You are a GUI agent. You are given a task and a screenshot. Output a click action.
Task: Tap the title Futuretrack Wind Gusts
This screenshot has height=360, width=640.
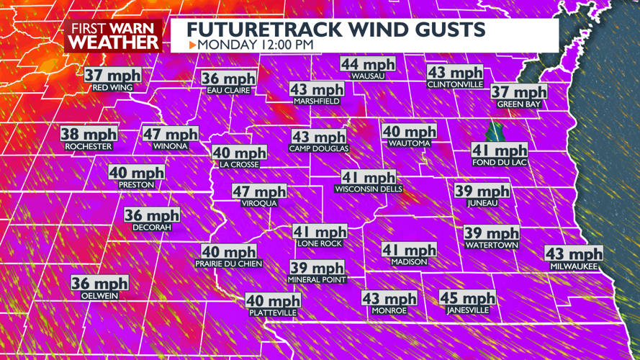click(x=335, y=29)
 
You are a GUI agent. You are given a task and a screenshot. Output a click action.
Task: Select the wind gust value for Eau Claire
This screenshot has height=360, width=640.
click(x=228, y=78)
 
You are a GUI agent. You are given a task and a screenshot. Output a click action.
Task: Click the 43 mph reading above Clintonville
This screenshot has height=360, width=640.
click(x=455, y=73)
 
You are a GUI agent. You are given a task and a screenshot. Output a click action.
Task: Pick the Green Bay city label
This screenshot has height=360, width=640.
click(x=519, y=104)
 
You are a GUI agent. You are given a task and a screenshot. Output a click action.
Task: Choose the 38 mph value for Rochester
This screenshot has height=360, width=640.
click(x=89, y=134)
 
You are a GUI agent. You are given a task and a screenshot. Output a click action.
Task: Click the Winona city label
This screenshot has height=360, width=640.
click(x=170, y=146)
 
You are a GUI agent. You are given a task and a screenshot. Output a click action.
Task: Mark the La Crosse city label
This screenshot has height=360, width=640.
click(x=239, y=165)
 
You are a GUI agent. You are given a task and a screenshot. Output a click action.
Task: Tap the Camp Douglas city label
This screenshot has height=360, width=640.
click(x=318, y=149)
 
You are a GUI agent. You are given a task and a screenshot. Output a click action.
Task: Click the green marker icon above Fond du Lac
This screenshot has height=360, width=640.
click(x=495, y=132)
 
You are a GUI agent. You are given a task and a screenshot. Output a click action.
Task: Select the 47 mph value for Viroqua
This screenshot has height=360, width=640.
click(x=259, y=192)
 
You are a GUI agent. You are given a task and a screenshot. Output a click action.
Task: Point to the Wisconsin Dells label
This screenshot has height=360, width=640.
click(x=368, y=189)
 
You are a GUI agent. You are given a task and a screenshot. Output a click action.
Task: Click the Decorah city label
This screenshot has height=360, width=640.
click(x=152, y=228)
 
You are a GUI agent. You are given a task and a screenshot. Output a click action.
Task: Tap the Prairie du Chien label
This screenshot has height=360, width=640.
click(x=228, y=264)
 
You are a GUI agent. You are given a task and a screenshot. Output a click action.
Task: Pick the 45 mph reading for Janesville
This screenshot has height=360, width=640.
click(x=468, y=298)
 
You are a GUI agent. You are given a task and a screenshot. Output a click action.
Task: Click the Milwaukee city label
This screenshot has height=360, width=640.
click(x=574, y=266)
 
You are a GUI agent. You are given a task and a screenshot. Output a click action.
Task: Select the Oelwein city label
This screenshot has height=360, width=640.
click(x=99, y=296)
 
